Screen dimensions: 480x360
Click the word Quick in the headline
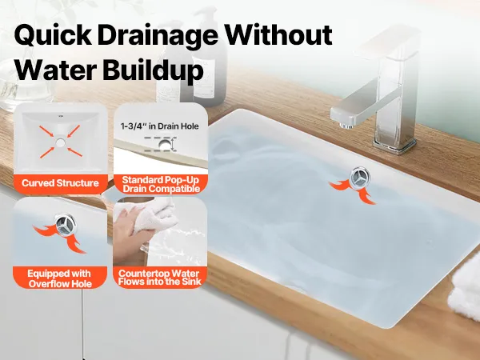pos(53,35)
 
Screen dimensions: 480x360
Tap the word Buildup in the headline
pos(153,70)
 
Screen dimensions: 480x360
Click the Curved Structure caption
pos(60,183)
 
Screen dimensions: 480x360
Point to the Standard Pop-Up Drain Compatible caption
pos(161,184)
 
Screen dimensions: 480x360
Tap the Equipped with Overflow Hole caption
pos(60,278)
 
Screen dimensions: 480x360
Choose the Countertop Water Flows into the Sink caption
pos(159,278)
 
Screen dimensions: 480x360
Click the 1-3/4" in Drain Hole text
pos(159,126)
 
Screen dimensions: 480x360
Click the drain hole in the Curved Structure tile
pos(61,142)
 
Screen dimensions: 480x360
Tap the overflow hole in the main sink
pos(360,178)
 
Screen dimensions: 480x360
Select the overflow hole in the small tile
pos(66,225)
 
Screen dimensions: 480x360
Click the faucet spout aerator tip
pos(346,126)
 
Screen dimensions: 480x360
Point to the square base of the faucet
pos(395,146)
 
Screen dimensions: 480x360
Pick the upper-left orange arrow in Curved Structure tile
pos(47,131)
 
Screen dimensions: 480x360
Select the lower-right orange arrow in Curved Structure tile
pos(74,152)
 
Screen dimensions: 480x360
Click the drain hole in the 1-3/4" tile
pos(165,145)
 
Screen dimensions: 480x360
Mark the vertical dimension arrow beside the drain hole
pos(173,144)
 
